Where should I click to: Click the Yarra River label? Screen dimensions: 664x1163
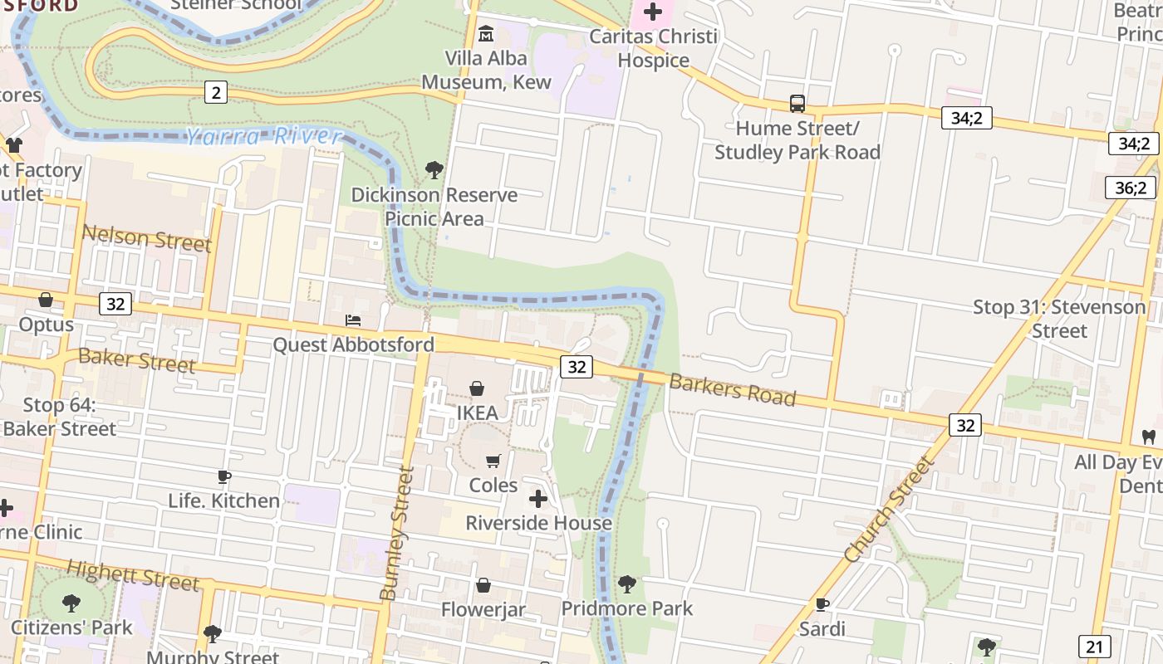click(x=264, y=136)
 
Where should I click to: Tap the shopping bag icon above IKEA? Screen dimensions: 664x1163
click(x=477, y=388)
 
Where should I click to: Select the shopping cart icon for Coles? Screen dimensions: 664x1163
click(x=493, y=461)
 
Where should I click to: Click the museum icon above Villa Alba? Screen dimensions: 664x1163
click(x=486, y=34)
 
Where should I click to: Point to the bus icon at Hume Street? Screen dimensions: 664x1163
click(x=797, y=104)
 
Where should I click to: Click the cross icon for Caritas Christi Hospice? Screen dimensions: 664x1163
click(x=653, y=12)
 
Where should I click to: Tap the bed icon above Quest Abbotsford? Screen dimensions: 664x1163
click(x=353, y=320)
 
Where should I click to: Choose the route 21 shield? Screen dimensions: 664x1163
click(x=1095, y=647)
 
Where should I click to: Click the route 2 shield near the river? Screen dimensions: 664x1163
click(x=216, y=92)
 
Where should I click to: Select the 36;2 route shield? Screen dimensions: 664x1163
click(x=1130, y=188)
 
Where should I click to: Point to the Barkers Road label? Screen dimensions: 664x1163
click(x=732, y=388)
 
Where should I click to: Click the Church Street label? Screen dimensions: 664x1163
click(x=889, y=510)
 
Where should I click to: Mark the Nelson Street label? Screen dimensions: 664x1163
click(x=146, y=238)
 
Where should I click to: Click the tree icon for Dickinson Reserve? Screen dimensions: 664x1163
click(x=434, y=170)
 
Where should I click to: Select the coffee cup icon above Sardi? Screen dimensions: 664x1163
click(x=822, y=603)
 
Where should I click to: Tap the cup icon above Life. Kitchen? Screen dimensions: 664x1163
click(x=223, y=476)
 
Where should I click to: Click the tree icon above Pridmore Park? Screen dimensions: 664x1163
click(x=627, y=584)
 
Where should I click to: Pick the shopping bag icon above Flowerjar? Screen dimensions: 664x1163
click(x=483, y=586)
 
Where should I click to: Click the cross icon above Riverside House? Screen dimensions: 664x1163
click(x=538, y=499)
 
